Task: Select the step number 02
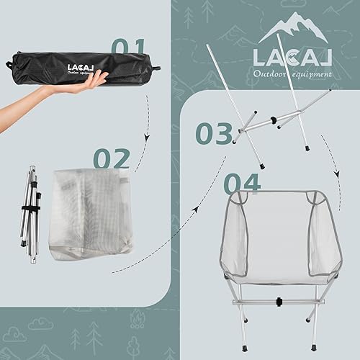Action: coord(112,159)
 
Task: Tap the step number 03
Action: coord(214,133)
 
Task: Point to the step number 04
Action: coord(241,183)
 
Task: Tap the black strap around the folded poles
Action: coord(30,208)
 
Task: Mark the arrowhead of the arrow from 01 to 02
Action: coord(147,138)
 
